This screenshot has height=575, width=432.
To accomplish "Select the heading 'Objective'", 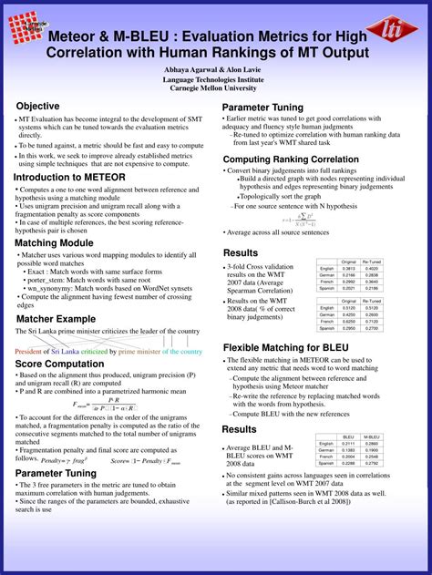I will coord(37,107).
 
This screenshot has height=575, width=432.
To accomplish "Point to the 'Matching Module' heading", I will coord(54,243).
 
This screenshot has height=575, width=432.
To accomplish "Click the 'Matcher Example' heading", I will coord(56,319).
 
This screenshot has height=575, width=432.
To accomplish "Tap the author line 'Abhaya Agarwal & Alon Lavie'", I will coord(215,69).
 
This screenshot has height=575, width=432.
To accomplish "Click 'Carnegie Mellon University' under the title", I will coord(215,88).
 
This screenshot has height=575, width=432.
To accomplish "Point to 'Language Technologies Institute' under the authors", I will coord(215,79).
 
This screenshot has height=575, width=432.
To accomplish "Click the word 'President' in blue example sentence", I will coord(31,351).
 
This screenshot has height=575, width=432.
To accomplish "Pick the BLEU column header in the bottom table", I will coord(348,436).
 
